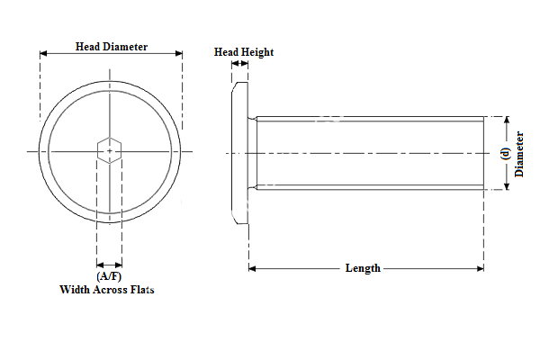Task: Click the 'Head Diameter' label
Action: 111,47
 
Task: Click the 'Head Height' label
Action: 243,52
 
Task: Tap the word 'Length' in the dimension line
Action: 363,268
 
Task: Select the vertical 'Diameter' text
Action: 520,153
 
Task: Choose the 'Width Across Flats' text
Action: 107,290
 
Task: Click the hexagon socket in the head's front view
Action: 110,151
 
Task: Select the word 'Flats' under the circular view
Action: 140,290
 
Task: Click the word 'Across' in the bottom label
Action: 107,290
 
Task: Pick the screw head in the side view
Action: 239,153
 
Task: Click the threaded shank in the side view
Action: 369,153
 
